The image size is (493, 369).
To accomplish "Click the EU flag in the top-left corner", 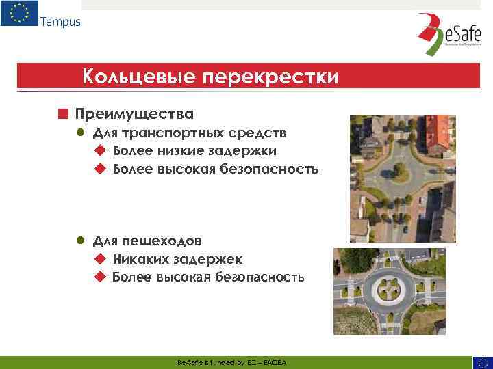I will (x=19, y=14).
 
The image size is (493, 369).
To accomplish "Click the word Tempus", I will (x=60, y=21).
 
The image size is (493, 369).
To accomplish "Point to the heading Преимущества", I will (x=134, y=113).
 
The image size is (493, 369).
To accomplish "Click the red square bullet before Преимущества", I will (x=62, y=113).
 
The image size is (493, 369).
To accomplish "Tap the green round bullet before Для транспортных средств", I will (x=80, y=132).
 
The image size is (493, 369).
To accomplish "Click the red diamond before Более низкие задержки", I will (x=100, y=150).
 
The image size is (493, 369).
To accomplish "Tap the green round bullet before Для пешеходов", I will (x=80, y=241).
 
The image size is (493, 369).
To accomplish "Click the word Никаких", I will (x=138, y=259).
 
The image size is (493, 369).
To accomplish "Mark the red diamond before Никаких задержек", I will (x=100, y=259).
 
